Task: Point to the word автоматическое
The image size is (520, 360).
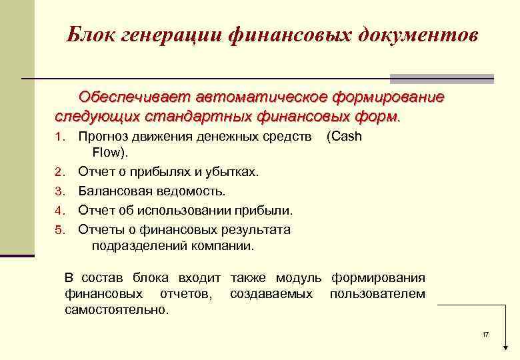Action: [x=253, y=98]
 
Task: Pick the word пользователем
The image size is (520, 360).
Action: [x=377, y=294]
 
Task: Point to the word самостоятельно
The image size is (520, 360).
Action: [x=117, y=310]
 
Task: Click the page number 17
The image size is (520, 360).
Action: [x=485, y=333]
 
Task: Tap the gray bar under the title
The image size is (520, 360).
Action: [x=441, y=77]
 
